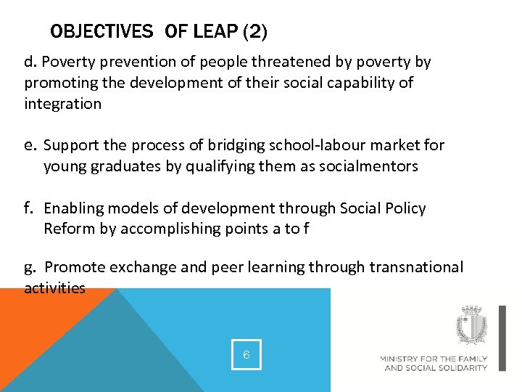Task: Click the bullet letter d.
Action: (28, 62)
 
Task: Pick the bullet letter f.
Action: (29, 208)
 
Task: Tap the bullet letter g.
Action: (29, 268)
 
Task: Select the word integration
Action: (63, 104)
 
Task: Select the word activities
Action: (54, 288)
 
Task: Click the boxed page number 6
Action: (246, 355)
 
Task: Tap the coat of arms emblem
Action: (471, 326)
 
